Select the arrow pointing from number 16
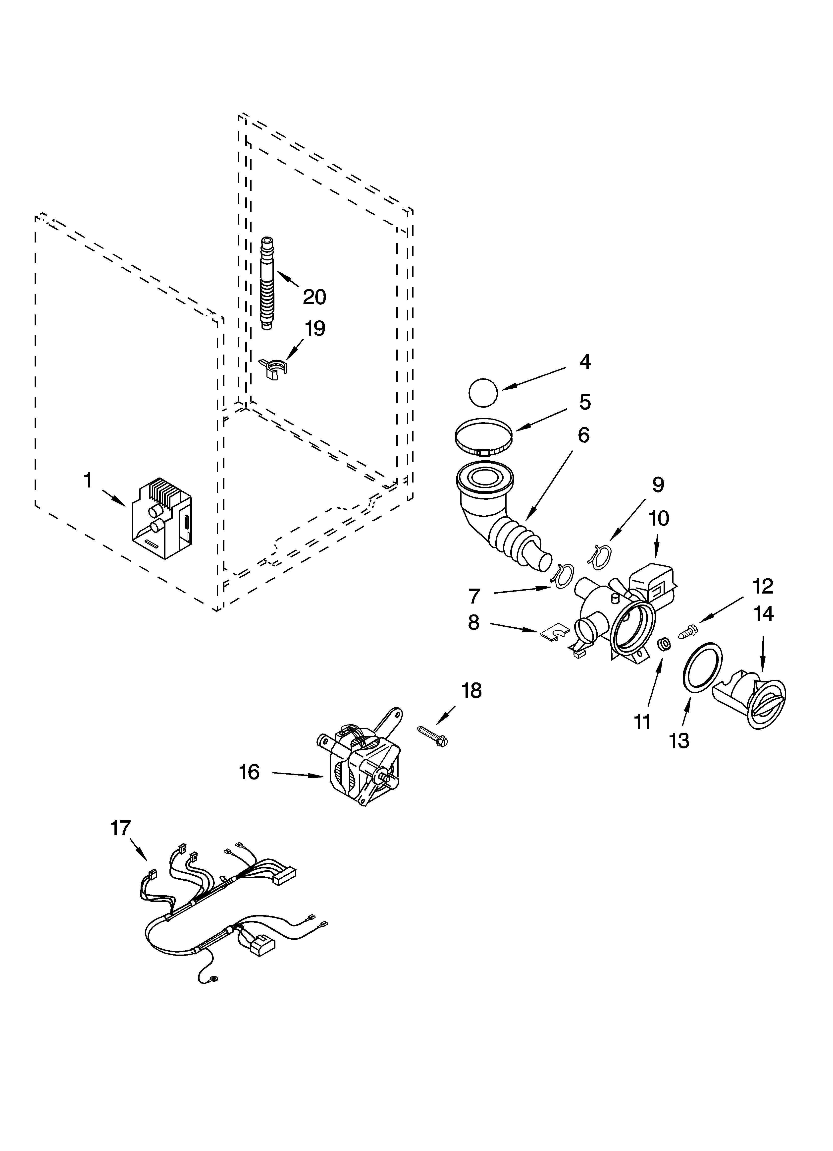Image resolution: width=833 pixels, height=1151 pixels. point(299,774)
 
